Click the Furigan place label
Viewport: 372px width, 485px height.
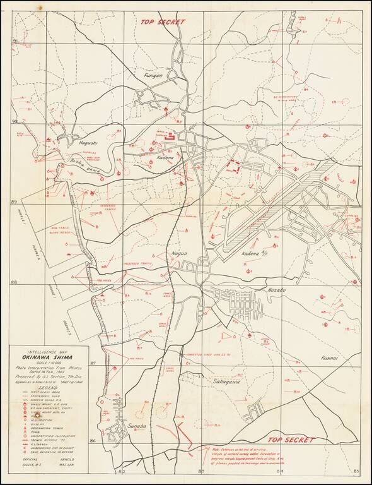pyautogui.click(x=153, y=76)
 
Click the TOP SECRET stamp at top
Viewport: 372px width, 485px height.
pyautogui.click(x=163, y=21)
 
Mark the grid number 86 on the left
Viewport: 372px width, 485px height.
pyautogui.click(x=92, y=440)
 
